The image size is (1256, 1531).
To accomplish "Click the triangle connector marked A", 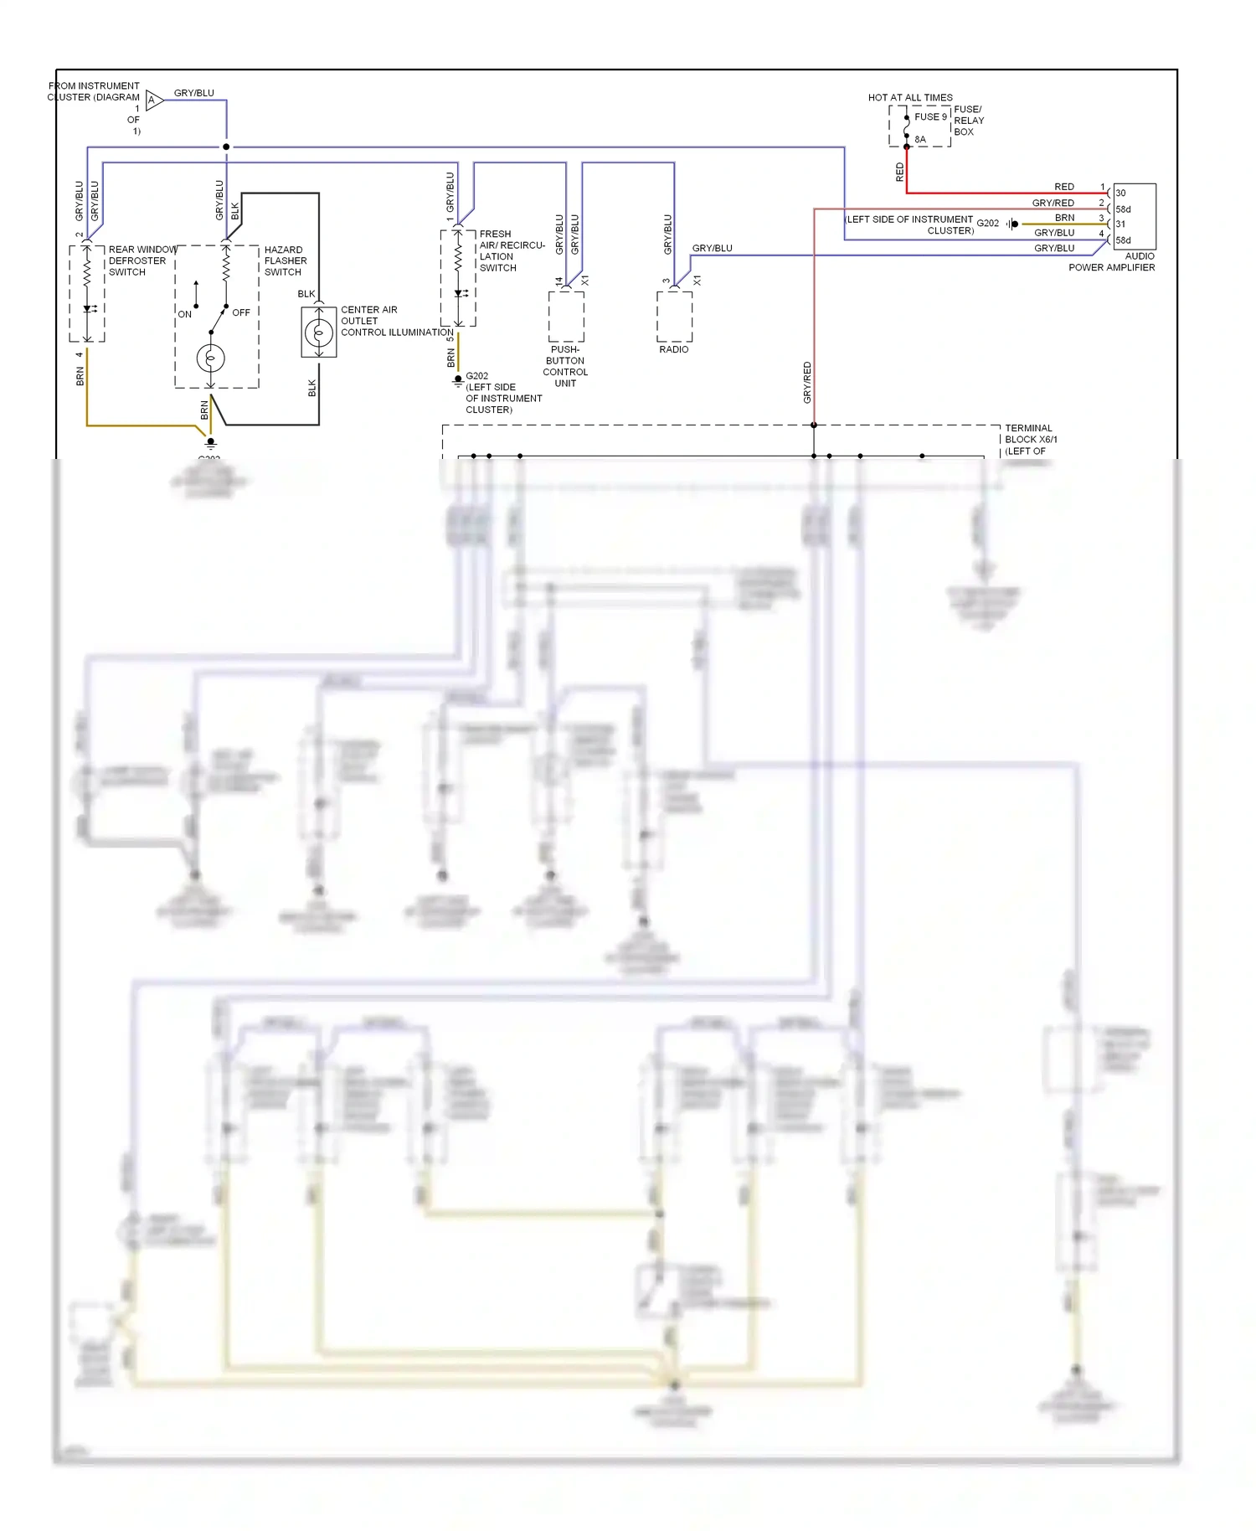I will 153,101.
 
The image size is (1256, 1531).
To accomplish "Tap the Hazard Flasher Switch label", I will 286,260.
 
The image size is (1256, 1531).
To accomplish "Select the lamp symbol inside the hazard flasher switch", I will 210,358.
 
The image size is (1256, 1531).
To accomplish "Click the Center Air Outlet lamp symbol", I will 318,332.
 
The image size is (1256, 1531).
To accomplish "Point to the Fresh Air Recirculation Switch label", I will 511,250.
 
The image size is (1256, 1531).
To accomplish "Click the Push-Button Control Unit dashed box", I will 566,316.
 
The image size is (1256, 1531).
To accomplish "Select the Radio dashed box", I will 674,316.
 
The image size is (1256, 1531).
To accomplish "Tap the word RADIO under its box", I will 673,349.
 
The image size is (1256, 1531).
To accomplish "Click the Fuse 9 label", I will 930,116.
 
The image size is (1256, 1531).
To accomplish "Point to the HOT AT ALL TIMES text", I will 909,97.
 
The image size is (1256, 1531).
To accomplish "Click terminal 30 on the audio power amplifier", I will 1120,193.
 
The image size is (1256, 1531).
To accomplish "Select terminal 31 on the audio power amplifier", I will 1120,224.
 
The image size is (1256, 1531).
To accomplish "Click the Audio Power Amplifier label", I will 1112,262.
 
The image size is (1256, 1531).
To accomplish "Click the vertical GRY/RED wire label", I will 807,382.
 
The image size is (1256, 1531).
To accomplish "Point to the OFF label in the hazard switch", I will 241,312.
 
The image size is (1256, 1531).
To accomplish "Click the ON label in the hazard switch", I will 184,314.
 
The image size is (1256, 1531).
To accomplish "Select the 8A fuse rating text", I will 920,140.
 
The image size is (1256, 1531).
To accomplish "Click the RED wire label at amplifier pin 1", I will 1063,187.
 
